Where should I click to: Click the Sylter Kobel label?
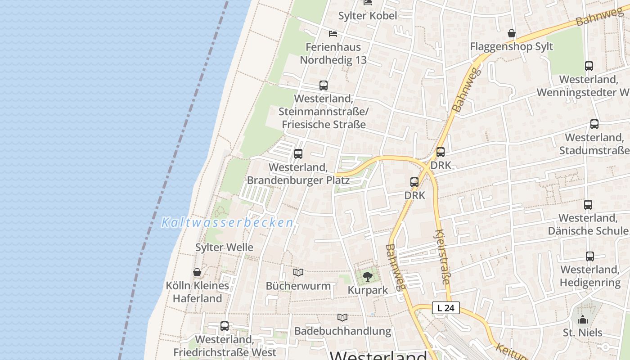tap(368, 16)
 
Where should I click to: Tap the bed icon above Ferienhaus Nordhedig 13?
tap(333, 34)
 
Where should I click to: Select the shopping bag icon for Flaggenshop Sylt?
tap(512, 33)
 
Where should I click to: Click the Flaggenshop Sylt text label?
tap(512, 47)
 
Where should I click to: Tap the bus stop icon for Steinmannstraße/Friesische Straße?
tap(323, 85)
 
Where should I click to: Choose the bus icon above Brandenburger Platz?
tap(298, 154)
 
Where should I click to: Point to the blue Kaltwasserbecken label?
tap(227, 223)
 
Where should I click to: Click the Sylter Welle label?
tap(224, 247)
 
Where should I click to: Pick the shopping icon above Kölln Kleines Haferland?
tap(197, 272)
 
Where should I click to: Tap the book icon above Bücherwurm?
tap(298, 272)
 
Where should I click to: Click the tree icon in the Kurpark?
tap(368, 276)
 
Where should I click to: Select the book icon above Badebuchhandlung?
tap(342, 317)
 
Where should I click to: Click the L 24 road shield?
tap(446, 308)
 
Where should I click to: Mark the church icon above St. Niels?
tap(583, 319)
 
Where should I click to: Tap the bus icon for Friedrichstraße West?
tap(225, 326)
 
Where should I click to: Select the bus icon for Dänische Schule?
tap(588, 205)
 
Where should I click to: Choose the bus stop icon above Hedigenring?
tap(590, 256)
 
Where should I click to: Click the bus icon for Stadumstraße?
tap(594, 124)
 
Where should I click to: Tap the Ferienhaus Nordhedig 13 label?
tap(333, 54)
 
